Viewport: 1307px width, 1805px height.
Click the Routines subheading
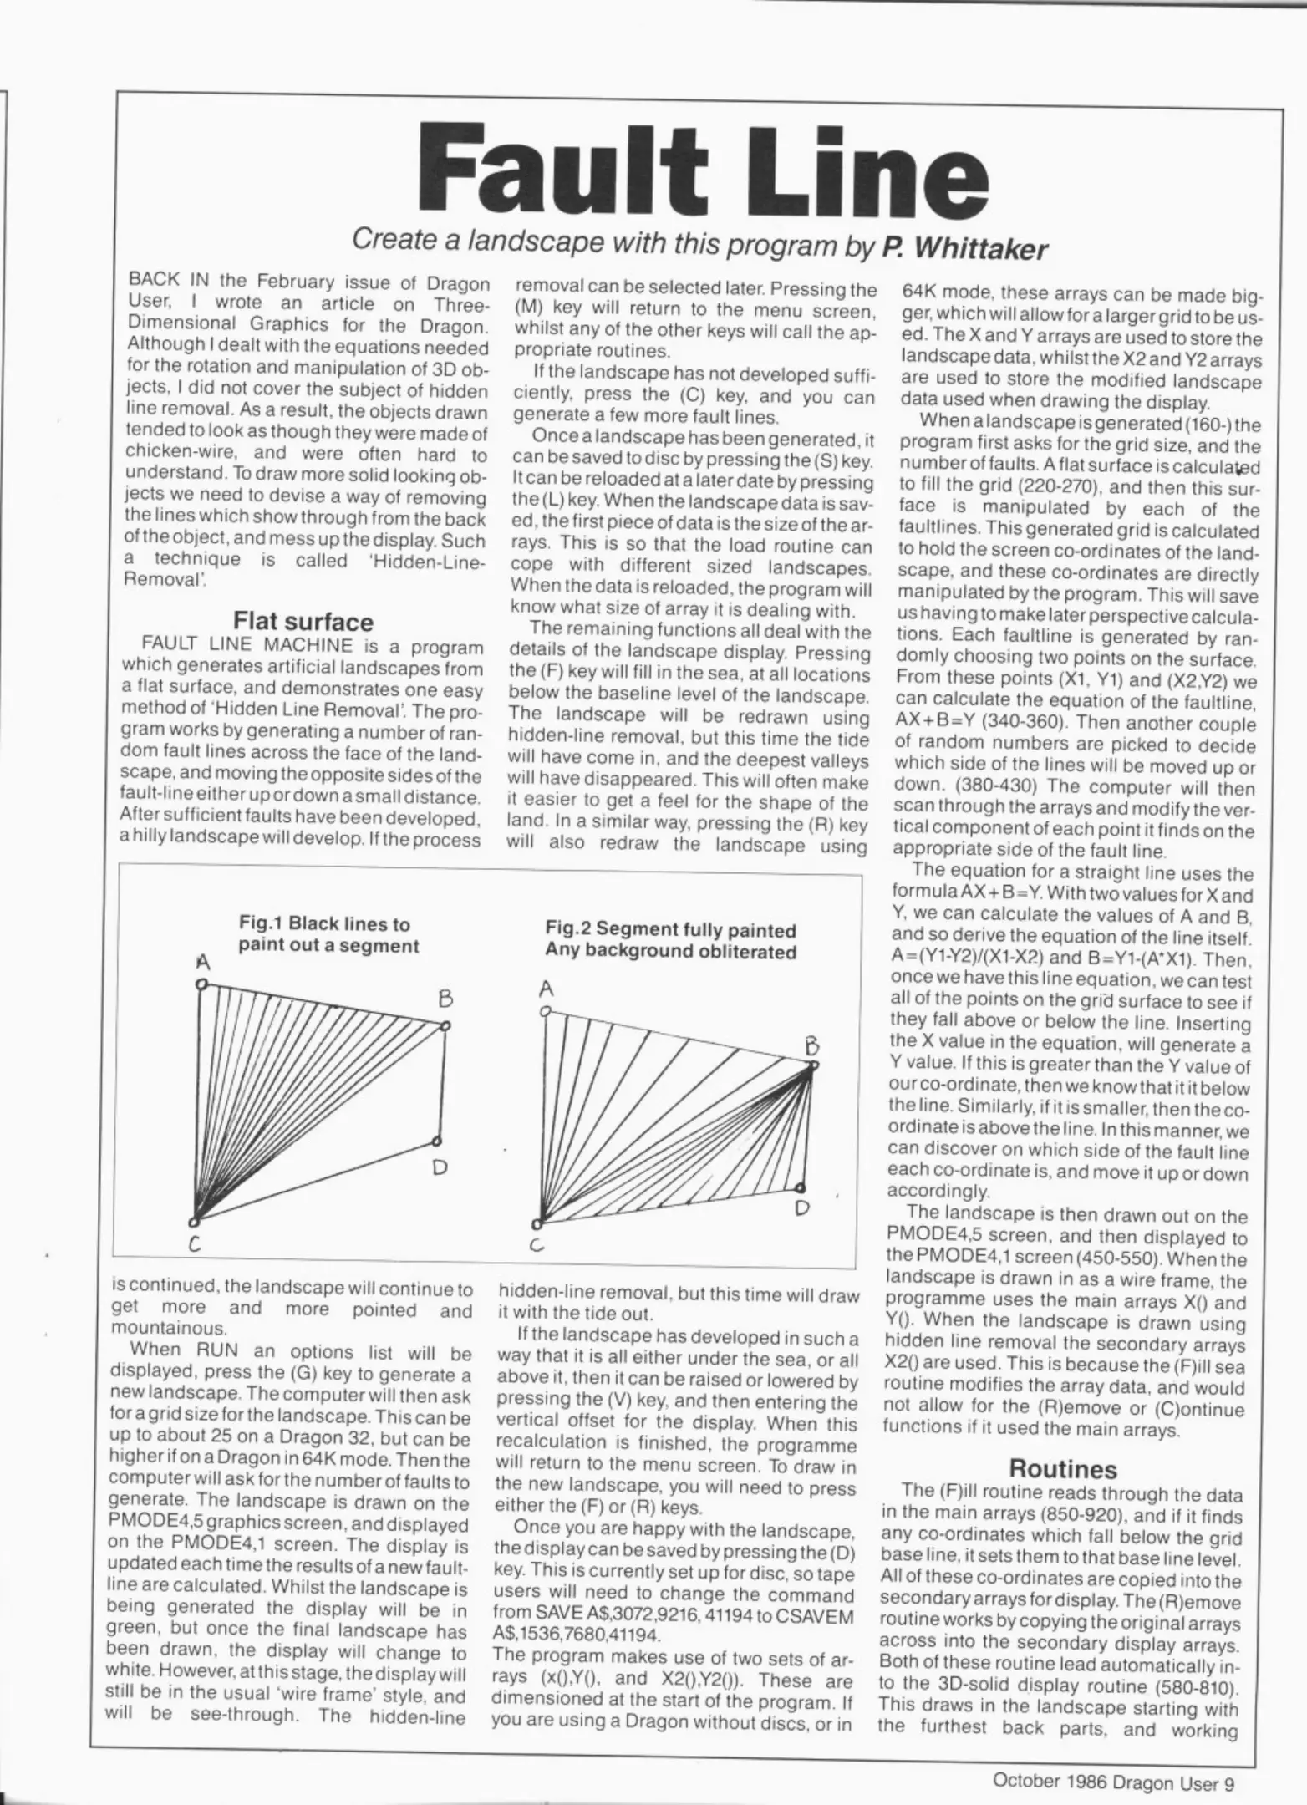click(x=1062, y=1468)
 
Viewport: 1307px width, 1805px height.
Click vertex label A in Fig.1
click(x=201, y=962)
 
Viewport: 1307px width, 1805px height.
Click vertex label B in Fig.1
click(x=445, y=999)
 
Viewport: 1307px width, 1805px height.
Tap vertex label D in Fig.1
click(x=440, y=1167)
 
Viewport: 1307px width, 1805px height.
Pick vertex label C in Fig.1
click(x=194, y=1245)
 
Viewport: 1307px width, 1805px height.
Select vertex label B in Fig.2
click(x=810, y=1045)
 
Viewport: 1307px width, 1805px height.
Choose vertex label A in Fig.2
click(x=547, y=990)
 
